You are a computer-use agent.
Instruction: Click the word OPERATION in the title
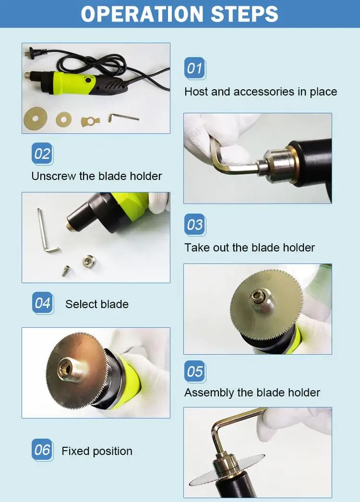point(142,14)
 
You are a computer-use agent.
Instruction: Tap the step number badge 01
point(195,68)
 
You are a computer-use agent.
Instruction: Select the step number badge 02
point(42,154)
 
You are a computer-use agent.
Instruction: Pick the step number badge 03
point(195,225)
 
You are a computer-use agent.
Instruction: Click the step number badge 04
point(43,303)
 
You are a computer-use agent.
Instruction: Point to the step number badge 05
point(195,371)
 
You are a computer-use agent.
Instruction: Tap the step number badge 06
point(42,450)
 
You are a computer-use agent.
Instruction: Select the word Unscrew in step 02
point(53,176)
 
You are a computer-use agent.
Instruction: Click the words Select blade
point(97,304)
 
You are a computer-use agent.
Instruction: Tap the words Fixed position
point(97,452)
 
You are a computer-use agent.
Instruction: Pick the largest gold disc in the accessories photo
point(35,118)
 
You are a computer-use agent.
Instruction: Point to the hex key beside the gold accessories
point(123,118)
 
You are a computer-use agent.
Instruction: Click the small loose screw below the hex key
point(66,271)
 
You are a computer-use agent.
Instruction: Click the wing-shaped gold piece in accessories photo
point(90,121)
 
